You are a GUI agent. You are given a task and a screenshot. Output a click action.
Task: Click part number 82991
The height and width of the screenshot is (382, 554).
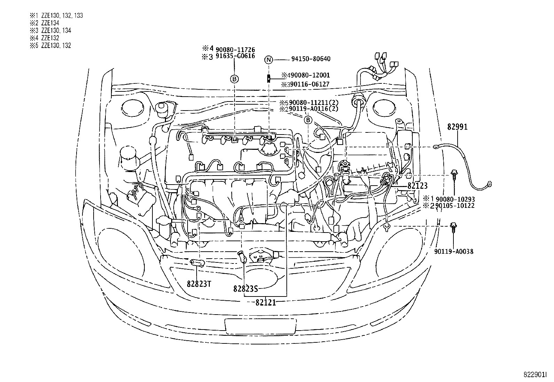[458, 127]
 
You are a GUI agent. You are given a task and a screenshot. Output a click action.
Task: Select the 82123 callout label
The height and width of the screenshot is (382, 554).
[417, 186]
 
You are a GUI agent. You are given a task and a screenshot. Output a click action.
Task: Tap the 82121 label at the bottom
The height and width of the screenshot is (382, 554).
[266, 302]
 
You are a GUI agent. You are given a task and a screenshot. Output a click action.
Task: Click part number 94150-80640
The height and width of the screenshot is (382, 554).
[310, 59]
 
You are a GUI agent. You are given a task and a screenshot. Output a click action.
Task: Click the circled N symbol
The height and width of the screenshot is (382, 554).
[268, 59]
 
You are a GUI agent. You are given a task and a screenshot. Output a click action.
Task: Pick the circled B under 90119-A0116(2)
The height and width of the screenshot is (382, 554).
[308, 120]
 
